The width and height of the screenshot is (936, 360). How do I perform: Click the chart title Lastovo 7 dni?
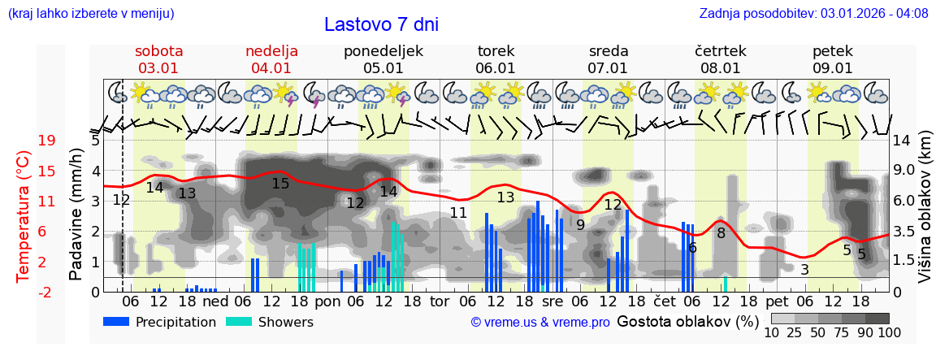click(381, 24)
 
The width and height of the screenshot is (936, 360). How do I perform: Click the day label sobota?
click(158, 51)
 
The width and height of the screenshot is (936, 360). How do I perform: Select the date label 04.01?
click(271, 68)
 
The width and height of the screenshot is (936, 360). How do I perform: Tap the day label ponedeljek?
click(383, 51)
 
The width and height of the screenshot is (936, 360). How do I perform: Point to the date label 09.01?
click(833, 68)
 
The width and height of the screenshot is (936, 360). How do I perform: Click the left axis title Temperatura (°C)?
click(24, 215)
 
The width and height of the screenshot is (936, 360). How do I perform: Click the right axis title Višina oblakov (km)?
click(925, 215)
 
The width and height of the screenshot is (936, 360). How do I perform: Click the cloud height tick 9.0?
click(903, 171)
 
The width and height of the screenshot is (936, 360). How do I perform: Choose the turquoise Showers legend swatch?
click(238, 322)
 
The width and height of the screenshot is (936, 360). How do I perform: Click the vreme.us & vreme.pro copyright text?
click(540, 322)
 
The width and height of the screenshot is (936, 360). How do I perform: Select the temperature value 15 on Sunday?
click(280, 184)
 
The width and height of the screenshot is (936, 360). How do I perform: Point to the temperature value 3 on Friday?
click(804, 269)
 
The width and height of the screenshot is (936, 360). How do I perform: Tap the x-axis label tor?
click(439, 301)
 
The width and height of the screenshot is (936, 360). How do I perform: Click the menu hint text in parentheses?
click(91, 14)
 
